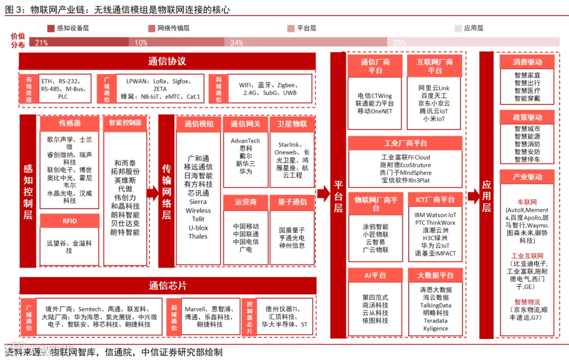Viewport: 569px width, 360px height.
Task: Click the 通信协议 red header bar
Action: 167,61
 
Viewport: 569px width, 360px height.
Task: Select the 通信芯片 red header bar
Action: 167,286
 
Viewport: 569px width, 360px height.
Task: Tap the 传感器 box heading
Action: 70,123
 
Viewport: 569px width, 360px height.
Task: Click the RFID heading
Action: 70,222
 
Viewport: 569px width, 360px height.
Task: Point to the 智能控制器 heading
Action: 125,123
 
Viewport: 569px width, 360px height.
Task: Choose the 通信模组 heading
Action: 199,124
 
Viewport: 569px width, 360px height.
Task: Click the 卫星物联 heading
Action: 292,124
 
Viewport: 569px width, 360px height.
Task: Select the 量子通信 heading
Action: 292,202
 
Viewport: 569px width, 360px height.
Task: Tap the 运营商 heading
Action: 246,202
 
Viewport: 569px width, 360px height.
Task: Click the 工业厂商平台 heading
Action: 405,143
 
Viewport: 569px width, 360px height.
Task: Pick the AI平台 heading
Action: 375,275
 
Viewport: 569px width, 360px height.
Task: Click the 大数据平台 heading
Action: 435,275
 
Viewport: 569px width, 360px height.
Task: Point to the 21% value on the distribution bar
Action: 42,43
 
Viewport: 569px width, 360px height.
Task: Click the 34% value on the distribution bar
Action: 237,43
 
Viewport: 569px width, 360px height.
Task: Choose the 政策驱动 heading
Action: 527,117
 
